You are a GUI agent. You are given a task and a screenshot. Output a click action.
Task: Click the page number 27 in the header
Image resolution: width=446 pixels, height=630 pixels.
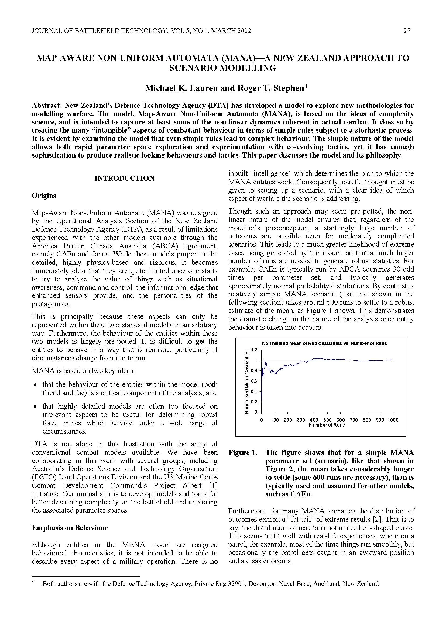407,31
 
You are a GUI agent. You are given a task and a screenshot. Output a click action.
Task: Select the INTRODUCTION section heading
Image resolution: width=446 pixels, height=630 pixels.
124,178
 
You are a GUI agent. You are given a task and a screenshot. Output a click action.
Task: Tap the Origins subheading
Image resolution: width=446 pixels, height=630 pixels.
44,196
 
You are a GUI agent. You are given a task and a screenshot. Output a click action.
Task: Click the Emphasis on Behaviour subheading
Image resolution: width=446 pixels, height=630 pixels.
70,527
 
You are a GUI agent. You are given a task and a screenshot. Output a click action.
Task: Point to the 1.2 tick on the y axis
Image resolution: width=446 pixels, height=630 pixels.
254,350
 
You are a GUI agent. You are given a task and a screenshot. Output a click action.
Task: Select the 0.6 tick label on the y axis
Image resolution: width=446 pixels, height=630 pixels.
254,381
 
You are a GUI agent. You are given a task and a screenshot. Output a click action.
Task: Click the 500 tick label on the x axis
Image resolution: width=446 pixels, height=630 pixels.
327,420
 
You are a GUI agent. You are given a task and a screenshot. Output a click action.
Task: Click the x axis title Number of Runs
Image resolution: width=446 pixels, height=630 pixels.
327,425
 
